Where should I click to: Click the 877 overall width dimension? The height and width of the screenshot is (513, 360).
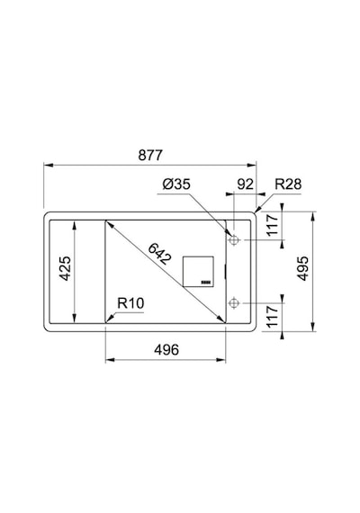pos(150,155)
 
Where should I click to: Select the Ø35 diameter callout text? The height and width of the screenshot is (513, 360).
pos(176,184)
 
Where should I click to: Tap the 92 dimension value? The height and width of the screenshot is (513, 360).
pos(245,184)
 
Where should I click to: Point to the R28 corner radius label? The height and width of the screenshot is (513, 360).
pos(288,184)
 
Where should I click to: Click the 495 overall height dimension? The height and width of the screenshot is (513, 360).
pos(303,268)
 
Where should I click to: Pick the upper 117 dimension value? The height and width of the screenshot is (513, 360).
pos(272,225)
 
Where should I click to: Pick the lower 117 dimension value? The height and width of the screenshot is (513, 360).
pos(272,317)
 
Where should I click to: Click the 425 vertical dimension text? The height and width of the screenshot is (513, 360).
pos(65,268)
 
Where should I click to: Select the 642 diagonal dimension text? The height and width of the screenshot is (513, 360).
pos(159,254)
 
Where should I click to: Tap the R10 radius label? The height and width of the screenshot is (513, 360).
pos(130,303)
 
